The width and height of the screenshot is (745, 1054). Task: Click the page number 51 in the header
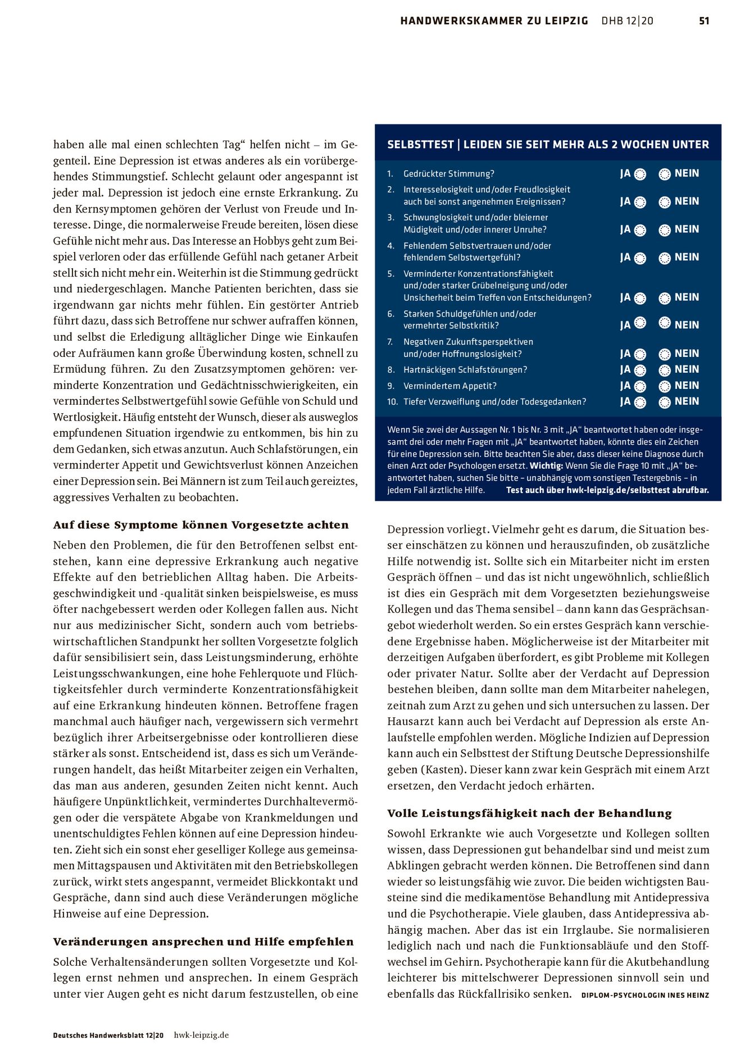[x=704, y=21]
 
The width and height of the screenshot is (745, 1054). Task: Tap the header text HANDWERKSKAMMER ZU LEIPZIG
[x=494, y=21]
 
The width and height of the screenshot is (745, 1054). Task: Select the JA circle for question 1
[x=640, y=174]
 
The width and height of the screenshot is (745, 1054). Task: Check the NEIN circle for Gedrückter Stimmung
[x=665, y=174]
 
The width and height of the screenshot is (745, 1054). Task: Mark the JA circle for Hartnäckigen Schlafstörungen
[x=640, y=370]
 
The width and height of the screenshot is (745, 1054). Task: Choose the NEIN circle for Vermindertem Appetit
[x=665, y=386]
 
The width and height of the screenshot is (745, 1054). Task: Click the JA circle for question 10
[x=640, y=402]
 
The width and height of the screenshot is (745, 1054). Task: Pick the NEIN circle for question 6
[x=665, y=323]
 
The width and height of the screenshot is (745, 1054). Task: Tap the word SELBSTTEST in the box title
[x=420, y=144]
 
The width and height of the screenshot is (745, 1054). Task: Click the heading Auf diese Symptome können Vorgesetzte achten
[x=201, y=525]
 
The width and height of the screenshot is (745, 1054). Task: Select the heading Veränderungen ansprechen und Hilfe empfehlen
[x=203, y=942]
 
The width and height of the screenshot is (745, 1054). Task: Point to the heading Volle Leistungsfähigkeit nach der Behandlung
[x=529, y=813]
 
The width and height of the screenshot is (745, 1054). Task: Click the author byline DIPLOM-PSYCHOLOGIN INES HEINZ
[x=645, y=995]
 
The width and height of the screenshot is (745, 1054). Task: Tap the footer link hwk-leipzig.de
[x=201, y=1035]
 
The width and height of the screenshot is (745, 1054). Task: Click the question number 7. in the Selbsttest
[x=390, y=342]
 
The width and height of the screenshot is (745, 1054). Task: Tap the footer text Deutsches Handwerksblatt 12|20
[x=108, y=1035]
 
